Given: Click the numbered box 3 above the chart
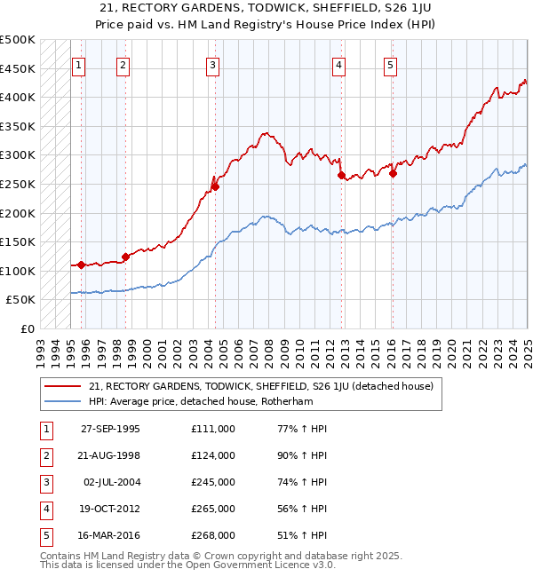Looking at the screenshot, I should tap(213, 64).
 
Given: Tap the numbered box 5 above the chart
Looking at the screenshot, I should tap(391, 64).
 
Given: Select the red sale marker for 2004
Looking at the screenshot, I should tap(215, 186).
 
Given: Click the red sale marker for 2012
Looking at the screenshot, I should tap(341, 176).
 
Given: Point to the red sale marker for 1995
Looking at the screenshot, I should tap(81, 265).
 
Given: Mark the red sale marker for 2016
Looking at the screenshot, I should tap(393, 174).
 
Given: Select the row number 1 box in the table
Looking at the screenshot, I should tap(44, 430).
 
